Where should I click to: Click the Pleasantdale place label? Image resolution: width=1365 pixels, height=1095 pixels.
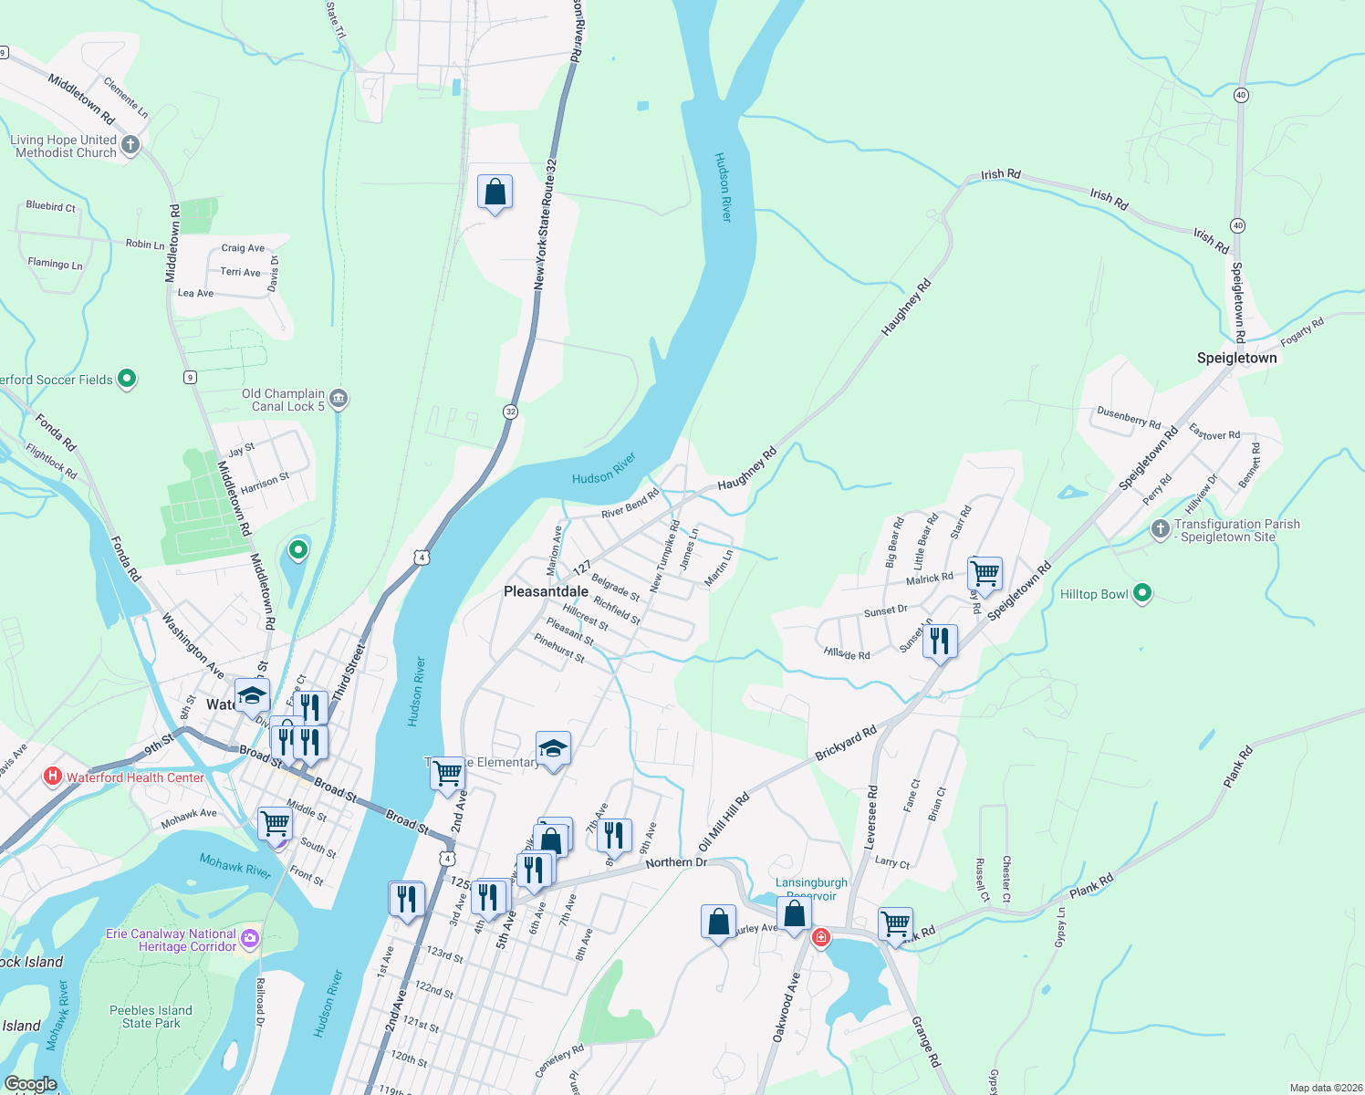tap(546, 591)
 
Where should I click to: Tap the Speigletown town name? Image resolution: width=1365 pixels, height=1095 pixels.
tap(1236, 358)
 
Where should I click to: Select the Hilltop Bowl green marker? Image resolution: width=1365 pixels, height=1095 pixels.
tap(1141, 594)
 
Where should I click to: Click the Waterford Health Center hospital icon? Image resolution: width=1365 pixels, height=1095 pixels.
tap(53, 777)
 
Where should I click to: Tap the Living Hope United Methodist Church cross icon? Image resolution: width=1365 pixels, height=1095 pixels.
tap(130, 145)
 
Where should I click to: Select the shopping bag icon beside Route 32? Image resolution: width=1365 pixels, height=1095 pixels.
tap(495, 193)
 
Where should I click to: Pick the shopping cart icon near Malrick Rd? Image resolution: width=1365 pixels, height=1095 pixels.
tap(985, 574)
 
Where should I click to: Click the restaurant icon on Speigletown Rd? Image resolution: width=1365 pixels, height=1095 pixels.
tap(939, 641)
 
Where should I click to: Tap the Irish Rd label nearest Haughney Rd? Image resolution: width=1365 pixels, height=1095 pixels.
tap(1000, 174)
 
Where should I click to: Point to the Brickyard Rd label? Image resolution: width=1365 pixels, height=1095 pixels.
tap(845, 744)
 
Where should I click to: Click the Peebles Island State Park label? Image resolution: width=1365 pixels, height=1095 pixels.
tap(151, 1017)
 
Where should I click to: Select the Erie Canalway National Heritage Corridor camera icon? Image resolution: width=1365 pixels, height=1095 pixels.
tap(250, 939)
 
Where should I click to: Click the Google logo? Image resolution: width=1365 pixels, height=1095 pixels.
tap(30, 1084)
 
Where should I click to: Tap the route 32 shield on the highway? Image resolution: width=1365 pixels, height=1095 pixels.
tap(510, 412)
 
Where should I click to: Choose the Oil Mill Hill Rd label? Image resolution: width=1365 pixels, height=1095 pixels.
tap(724, 821)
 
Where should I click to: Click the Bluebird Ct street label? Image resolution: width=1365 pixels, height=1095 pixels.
tap(51, 206)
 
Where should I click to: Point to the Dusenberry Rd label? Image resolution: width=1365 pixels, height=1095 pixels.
tap(1129, 418)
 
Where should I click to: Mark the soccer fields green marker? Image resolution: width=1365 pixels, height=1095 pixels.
tap(127, 378)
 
